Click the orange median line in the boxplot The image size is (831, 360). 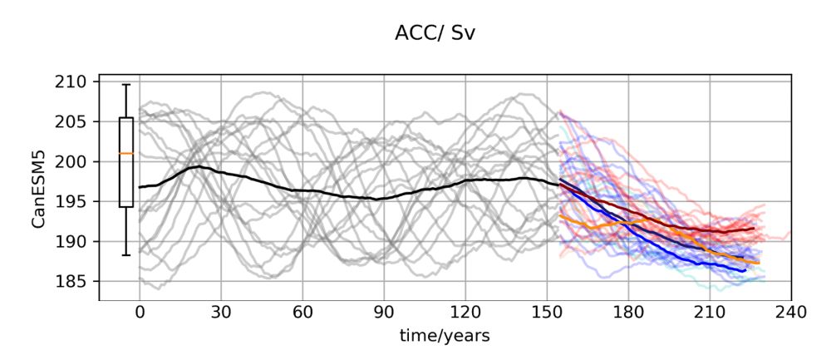[126, 153]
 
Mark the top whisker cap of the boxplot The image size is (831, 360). [126, 85]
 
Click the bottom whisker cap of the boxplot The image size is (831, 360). [126, 255]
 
